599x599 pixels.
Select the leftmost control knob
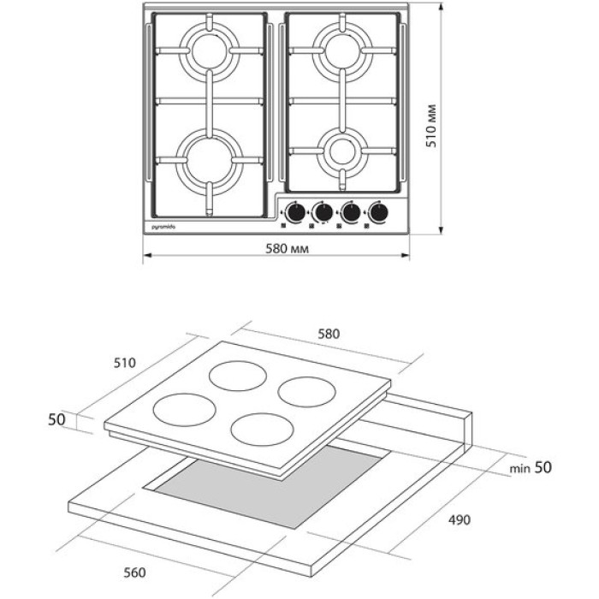295,211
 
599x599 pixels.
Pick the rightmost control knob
377,211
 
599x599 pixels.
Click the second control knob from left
323,211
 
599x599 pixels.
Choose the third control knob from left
350,211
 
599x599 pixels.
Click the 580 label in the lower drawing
329,334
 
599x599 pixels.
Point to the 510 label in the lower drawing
125,362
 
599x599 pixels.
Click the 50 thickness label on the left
56,419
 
